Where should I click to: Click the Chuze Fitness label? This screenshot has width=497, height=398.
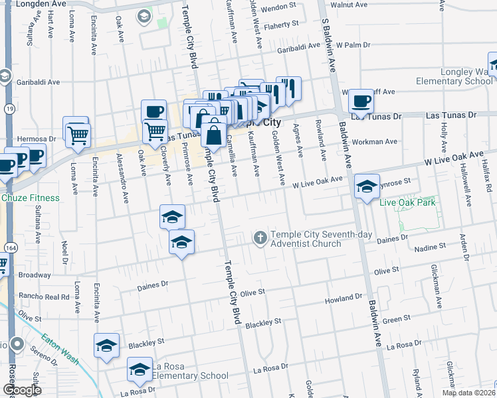coord(30,198)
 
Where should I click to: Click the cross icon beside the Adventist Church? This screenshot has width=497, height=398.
coord(260,237)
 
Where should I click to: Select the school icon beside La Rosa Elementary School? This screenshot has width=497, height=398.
coord(140,369)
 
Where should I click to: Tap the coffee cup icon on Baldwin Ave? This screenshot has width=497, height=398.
coord(361,101)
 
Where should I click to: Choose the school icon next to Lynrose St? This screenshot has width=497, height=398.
coord(366,186)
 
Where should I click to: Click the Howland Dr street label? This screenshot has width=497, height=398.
coord(344,300)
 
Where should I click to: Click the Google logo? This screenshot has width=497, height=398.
coord(21,390)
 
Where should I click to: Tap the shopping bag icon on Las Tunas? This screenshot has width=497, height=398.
coord(214,135)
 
